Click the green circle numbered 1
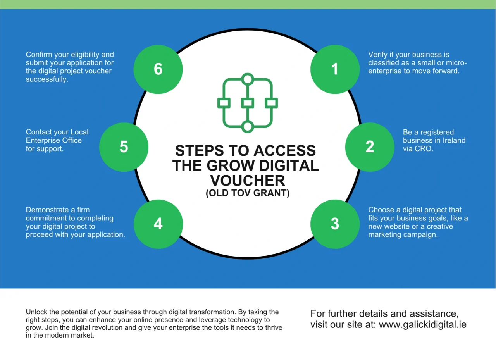coord(335,69)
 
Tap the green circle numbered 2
coord(370,147)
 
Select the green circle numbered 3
coord(335,224)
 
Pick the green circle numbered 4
coord(158,224)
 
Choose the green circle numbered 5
coord(124,147)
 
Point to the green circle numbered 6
coord(158,69)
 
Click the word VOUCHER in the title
coord(248,181)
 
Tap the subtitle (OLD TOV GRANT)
coord(248,193)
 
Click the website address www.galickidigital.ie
coord(422,325)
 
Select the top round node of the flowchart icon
coord(248,79)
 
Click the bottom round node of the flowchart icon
coord(248,127)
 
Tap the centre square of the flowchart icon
coord(248,103)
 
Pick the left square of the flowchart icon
coord(224,103)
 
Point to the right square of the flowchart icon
coord(271,103)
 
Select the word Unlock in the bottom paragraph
coord(36,312)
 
